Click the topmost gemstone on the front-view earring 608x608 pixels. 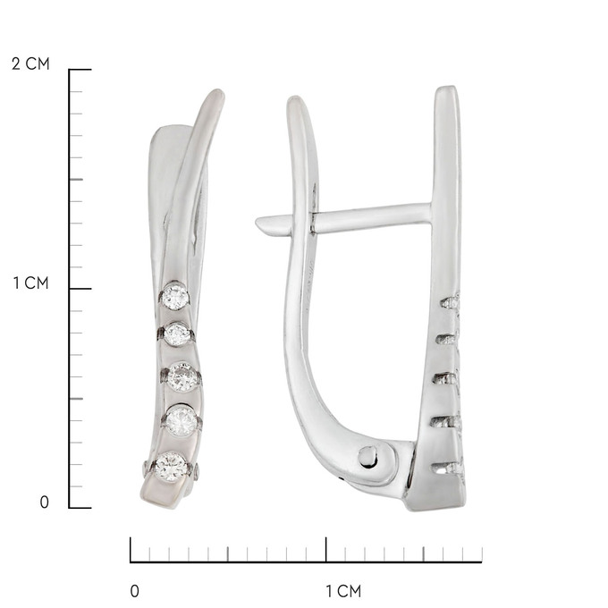pos(175,297)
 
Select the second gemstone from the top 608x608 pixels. pos(177,334)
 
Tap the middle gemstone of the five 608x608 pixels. pos(182,376)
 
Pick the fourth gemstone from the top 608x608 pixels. pos(182,420)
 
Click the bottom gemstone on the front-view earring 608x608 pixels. pos(170,467)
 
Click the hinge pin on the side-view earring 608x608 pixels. pos(367,457)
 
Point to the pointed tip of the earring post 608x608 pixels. pos(258,223)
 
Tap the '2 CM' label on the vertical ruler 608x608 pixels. pos(30,64)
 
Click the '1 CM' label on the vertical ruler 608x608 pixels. pos(31,283)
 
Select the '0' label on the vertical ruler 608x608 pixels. pos(44,502)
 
